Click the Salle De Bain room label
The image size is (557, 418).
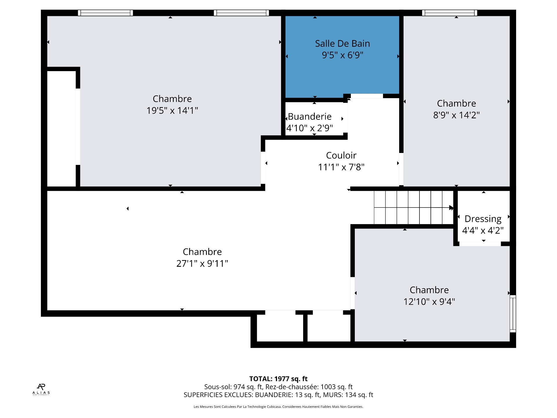point(342,44)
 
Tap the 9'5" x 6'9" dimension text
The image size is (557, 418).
point(342,55)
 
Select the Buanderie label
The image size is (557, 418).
point(310,116)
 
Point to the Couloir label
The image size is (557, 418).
point(341,155)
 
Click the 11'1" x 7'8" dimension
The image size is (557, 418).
point(341,167)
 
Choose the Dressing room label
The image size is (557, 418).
point(483,219)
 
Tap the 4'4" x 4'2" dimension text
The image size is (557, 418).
point(483,230)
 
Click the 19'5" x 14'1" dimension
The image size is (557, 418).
point(172,110)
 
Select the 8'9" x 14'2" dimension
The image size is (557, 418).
point(456,115)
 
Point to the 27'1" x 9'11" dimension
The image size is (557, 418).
point(202,263)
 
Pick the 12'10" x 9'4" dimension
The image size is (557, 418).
point(429,302)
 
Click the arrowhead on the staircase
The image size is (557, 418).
point(451,208)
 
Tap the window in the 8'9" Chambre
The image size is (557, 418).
point(450,13)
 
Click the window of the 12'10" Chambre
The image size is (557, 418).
point(513,314)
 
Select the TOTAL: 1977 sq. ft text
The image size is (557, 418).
point(278,379)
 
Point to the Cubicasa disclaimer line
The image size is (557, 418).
point(278,407)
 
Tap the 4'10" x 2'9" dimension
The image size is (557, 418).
point(310,128)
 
